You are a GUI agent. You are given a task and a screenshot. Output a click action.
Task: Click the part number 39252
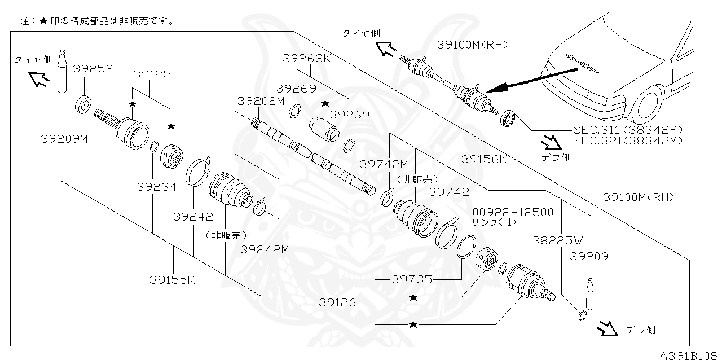coord(93,68)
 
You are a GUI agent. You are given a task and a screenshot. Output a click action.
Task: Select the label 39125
coord(152,74)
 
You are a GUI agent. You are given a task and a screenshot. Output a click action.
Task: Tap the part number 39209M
coord(64,138)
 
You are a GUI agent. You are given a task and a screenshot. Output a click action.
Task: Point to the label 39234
coord(156,187)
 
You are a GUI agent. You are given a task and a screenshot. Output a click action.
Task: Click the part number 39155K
coord(173,279)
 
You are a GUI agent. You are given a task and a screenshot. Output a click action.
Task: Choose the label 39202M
coord(261,101)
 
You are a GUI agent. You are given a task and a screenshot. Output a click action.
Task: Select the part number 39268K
coord(307,58)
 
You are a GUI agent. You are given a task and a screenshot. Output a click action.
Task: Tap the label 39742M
coord(384,164)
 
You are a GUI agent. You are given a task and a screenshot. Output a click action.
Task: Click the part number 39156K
coord(484,159)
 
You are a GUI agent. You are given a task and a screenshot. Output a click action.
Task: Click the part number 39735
coord(412,279)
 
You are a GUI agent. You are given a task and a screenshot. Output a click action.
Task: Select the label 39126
coord(337,302)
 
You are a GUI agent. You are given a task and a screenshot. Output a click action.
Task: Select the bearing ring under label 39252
coord(83,104)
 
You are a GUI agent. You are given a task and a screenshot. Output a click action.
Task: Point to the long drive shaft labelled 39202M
coord(313,155)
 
